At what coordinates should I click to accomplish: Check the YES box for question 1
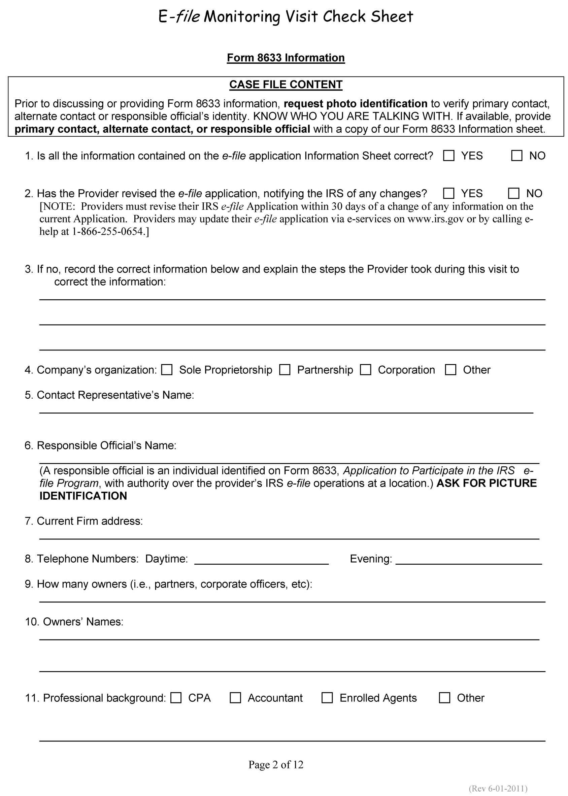coord(448,156)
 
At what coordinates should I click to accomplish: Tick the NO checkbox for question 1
coord(516,156)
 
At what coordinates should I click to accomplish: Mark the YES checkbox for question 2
coord(448,193)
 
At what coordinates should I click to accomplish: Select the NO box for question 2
coord(513,193)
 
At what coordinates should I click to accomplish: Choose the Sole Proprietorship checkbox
coord(167,370)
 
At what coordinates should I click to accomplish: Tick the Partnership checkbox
coord(285,370)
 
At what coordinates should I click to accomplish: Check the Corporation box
coord(366,370)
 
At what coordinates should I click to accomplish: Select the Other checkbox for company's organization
coord(450,370)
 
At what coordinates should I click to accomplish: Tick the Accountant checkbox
coord(235,698)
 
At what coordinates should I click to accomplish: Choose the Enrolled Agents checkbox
coord(327,698)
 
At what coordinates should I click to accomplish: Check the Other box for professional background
coord(444,698)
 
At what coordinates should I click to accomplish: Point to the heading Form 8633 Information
coord(286,58)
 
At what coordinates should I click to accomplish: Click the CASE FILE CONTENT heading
coord(286,85)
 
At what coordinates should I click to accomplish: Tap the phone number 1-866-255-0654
coord(108,232)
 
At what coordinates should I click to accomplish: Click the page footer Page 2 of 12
coord(276,765)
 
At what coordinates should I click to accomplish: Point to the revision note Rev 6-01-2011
coord(498,788)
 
